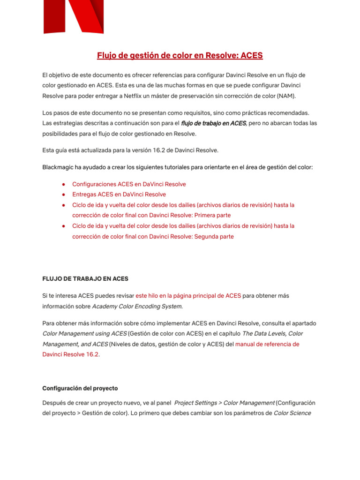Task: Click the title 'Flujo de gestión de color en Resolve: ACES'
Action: pos(180,56)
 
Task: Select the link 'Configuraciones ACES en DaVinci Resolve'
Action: pos(129,184)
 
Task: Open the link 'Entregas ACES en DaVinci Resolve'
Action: pos(119,195)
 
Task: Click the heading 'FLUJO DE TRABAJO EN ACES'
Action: pos(85,279)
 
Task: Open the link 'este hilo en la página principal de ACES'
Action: pos(188,296)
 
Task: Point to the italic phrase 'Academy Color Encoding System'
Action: pos(137,307)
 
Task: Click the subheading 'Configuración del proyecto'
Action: pos(80,388)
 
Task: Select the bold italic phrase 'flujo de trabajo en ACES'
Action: pos(213,123)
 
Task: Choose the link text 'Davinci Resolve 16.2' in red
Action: pos(70,355)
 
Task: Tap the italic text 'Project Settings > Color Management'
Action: pos(224,403)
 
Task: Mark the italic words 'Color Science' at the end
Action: pos(292,413)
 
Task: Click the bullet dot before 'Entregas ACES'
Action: pos(63,195)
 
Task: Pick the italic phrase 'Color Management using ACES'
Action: pos(84,334)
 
